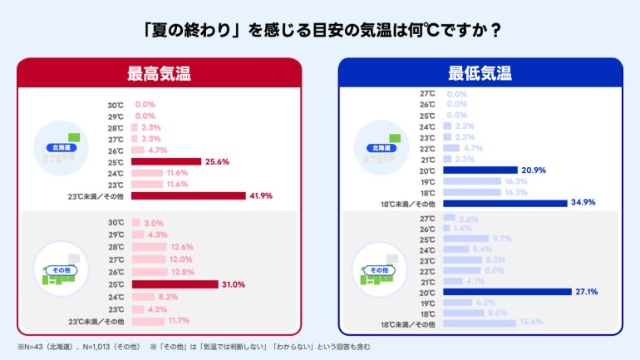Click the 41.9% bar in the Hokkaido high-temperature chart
[x=189, y=196]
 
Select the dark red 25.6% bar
[x=166, y=161]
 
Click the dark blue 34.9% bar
[x=504, y=203]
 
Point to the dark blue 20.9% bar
[x=480, y=169]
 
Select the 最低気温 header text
[x=480, y=73]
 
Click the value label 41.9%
[x=261, y=196]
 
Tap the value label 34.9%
[x=582, y=203]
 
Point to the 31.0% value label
[x=234, y=284]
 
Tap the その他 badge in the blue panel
[x=379, y=270]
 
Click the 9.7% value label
[x=501, y=239]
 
